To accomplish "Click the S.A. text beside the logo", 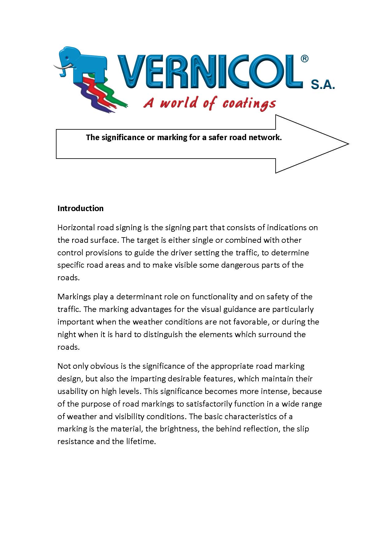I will tap(322, 85).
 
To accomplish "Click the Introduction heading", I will tap(81, 208).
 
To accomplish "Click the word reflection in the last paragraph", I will tap(261, 429).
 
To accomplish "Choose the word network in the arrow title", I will tap(267, 137).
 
